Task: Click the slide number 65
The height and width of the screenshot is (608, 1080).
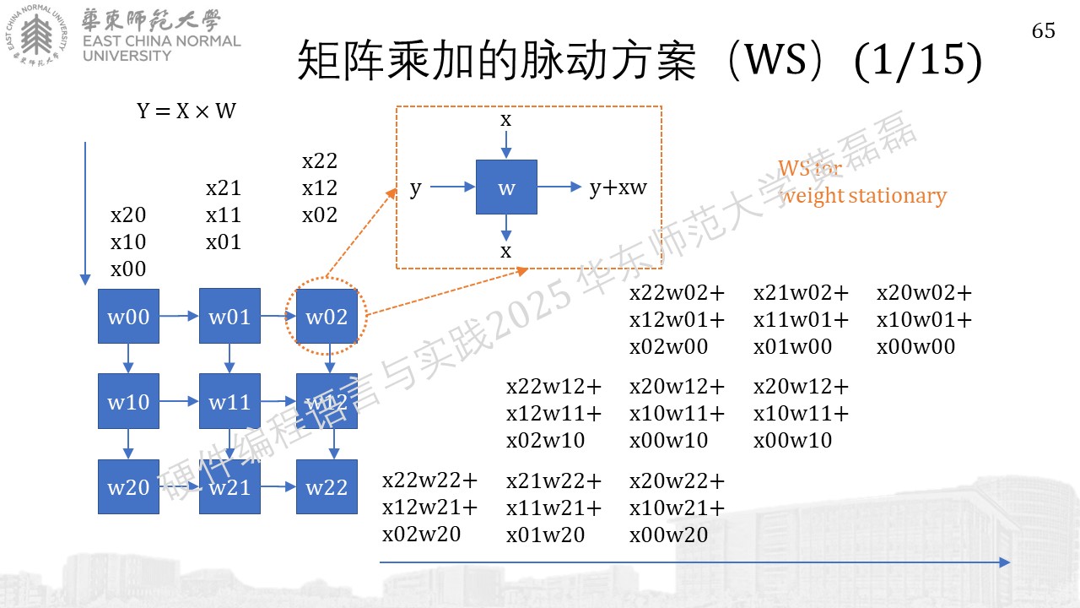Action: (1044, 31)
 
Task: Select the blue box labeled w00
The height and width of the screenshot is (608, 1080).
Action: (128, 317)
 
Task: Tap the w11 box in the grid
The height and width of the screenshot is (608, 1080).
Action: (229, 401)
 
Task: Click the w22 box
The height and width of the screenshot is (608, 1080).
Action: (327, 486)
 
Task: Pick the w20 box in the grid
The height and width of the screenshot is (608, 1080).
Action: (128, 486)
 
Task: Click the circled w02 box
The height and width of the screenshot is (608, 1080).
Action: (327, 317)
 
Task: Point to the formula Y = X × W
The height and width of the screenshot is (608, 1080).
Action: (186, 111)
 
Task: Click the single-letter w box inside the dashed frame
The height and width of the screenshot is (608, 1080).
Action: (506, 187)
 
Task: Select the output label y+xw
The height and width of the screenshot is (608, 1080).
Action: (618, 187)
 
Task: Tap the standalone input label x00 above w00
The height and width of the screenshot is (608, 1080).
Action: (128, 269)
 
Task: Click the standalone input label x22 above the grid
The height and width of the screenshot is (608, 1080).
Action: (320, 160)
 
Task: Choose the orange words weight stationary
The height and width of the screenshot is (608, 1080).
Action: (863, 196)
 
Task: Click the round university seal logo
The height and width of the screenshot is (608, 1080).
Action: (36, 35)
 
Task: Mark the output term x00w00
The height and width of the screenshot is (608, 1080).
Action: (915, 346)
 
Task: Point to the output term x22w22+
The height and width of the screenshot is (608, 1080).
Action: (429, 480)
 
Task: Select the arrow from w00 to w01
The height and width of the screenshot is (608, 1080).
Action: (179, 316)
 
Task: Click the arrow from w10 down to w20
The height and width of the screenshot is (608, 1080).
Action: (127, 444)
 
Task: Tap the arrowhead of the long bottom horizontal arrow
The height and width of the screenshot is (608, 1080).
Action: (1005, 562)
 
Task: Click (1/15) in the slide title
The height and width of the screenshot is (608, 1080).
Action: (918, 61)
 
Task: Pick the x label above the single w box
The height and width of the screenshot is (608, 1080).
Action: (505, 119)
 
